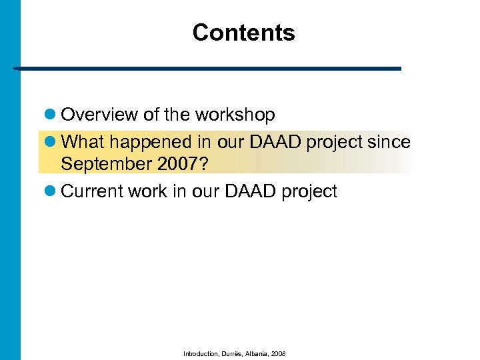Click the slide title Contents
243,33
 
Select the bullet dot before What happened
53,142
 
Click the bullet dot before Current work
53,192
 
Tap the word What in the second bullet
80,141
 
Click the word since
393,141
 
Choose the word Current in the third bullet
91,191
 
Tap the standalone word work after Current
147,191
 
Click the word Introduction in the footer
199,353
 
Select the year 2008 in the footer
280,353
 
